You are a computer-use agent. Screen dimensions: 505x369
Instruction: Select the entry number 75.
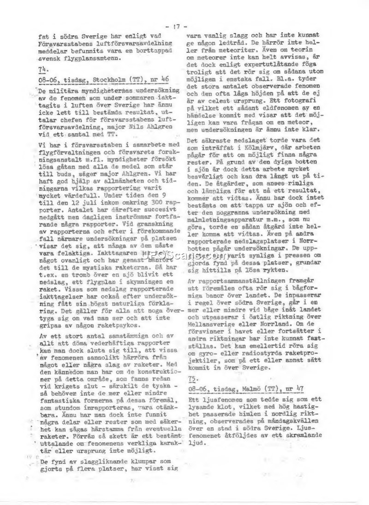[x=193, y=378]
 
